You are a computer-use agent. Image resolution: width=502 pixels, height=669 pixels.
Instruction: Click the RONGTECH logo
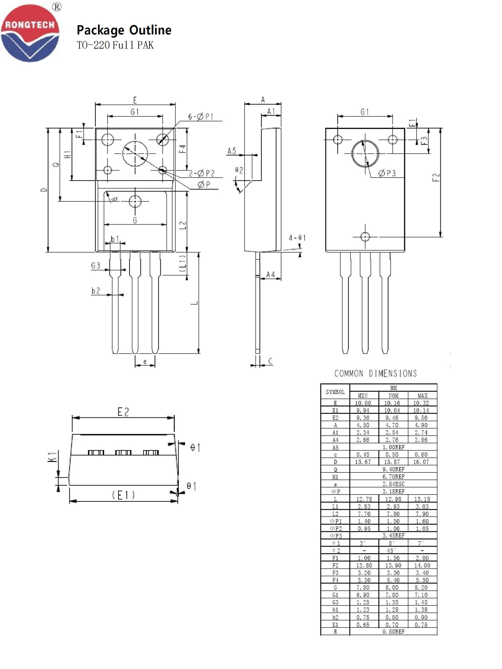coord(30,33)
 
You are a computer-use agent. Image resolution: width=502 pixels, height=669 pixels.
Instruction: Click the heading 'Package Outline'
coord(124,30)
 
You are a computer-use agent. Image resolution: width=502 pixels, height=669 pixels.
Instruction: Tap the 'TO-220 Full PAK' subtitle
coord(115,45)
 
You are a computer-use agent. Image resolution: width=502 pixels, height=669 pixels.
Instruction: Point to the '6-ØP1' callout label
coord(200,117)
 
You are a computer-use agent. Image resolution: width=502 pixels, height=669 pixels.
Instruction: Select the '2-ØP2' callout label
coord(201,173)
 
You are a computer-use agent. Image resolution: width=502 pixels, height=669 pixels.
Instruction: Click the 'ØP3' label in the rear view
coord(387,173)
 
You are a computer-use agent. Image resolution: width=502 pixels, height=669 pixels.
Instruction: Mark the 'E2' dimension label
coord(123,412)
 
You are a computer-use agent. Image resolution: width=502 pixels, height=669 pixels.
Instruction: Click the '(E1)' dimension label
coord(123,495)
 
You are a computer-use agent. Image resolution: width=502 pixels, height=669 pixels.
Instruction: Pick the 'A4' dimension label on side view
coord(270,275)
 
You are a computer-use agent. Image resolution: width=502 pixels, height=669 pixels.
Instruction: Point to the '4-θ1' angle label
coord(297,238)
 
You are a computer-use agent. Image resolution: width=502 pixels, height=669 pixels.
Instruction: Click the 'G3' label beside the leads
coord(96,266)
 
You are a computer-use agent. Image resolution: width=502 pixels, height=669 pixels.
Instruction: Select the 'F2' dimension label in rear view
coord(436,177)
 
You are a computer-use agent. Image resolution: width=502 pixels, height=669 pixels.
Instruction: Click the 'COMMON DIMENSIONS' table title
coord(375,374)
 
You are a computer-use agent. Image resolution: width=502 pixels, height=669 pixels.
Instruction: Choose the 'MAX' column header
coord(422,396)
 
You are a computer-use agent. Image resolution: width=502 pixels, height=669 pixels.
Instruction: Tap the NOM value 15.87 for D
coord(392,462)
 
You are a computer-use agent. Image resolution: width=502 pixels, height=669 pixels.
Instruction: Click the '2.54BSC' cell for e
coord(393,484)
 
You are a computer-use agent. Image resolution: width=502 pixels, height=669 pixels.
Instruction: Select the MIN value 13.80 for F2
coord(364,565)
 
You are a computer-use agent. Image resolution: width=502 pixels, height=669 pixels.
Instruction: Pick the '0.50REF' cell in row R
coord(393,632)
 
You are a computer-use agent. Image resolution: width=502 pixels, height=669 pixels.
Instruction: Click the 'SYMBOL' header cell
coord(335,392)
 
